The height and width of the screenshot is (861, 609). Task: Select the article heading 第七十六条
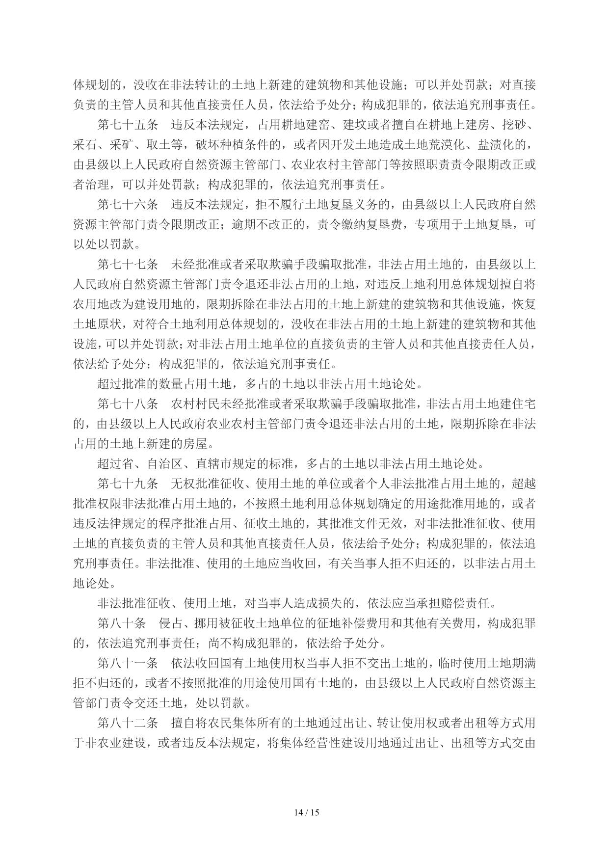coord(128,205)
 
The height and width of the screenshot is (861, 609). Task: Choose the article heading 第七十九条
coord(128,484)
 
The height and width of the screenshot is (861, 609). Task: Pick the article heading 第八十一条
coord(128,663)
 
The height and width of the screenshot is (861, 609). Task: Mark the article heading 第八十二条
coord(128,723)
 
